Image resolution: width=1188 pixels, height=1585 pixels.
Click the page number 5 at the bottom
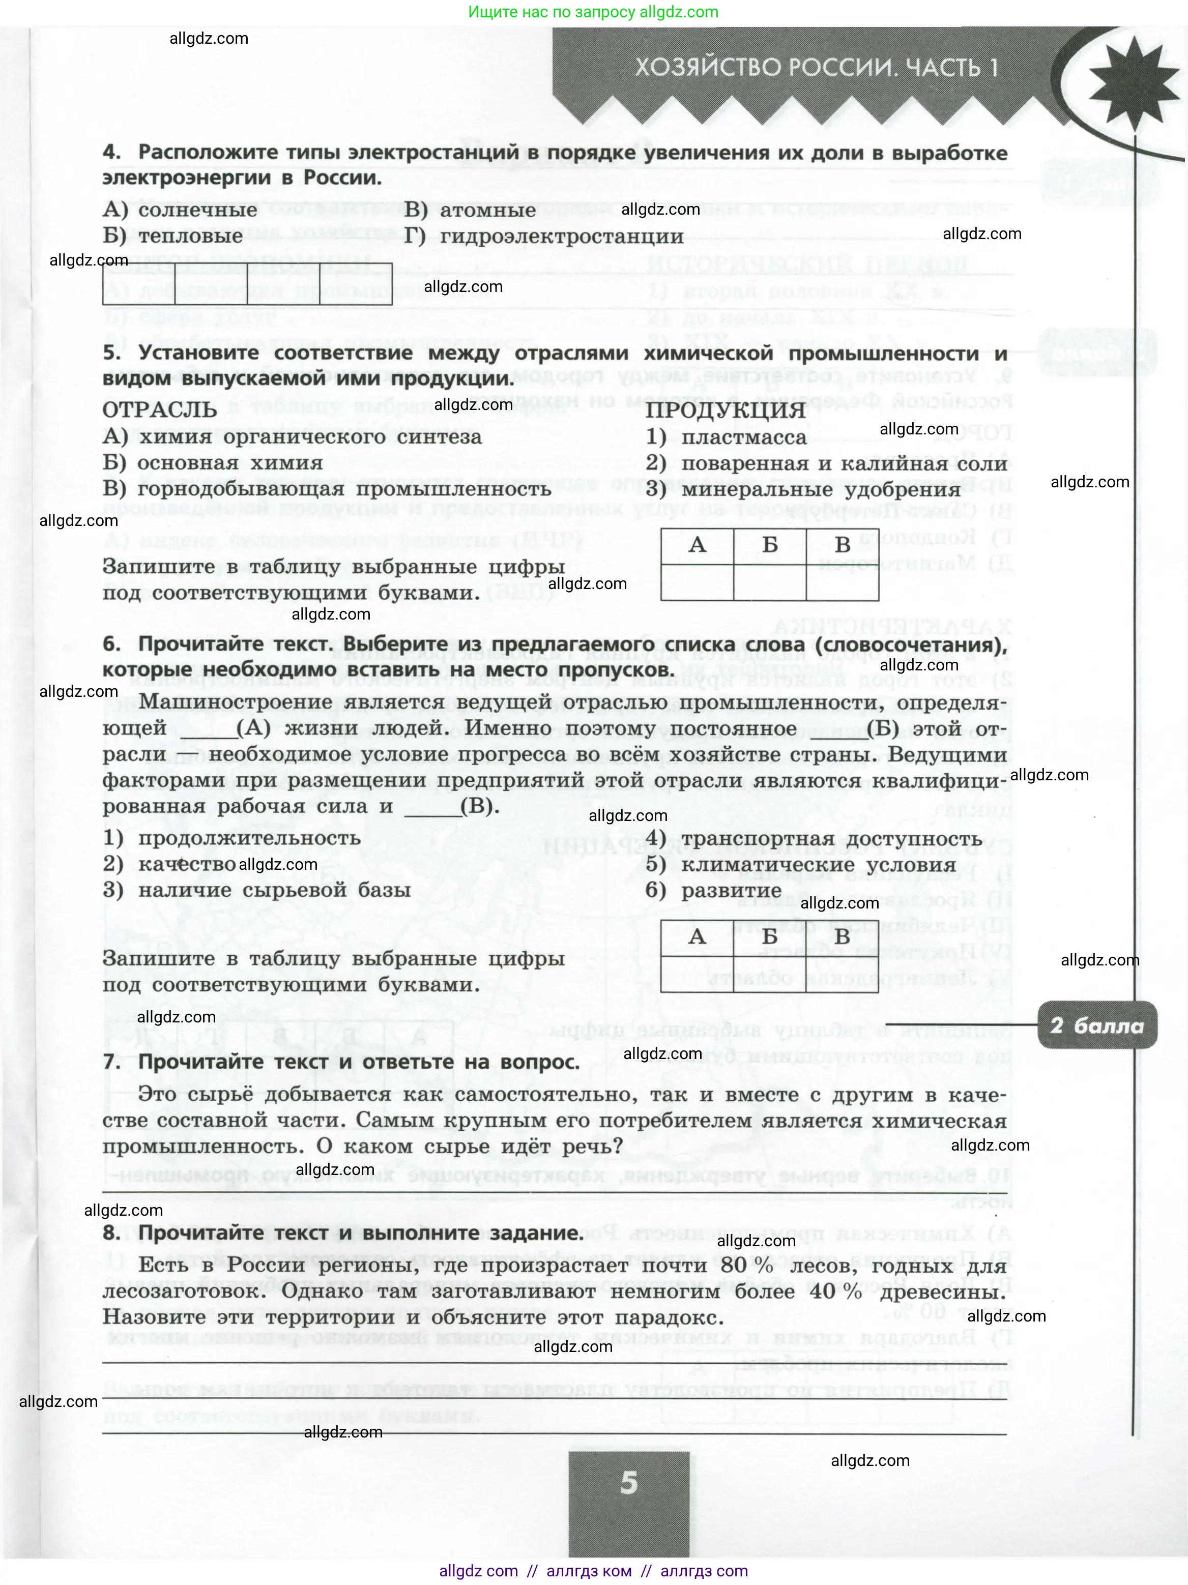coord(628,1482)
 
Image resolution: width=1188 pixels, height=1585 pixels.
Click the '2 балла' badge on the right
coord(1097,1025)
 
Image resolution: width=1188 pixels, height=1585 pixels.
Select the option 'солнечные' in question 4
coord(197,210)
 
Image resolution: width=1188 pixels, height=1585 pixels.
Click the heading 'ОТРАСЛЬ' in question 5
coord(160,410)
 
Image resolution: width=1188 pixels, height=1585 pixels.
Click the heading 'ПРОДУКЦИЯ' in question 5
coord(725,410)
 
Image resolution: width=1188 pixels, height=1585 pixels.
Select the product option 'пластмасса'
coord(743,437)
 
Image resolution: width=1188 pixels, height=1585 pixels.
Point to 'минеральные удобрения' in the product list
coord(821,490)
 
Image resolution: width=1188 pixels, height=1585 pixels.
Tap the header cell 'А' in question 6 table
coord(697,936)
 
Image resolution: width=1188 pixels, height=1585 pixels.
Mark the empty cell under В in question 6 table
coord(842,974)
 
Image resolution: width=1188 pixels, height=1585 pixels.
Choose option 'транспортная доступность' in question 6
coord(830,838)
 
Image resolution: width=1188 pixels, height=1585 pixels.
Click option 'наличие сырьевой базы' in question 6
coord(274,891)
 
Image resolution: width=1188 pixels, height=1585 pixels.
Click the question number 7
coord(110,1062)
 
